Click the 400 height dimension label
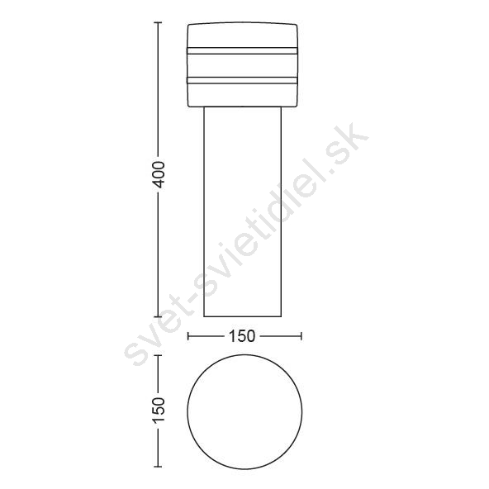point(159,174)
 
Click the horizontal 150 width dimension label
point(242,336)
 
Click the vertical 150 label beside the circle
point(159,410)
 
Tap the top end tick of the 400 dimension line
point(158,23)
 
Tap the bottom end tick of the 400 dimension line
point(158,316)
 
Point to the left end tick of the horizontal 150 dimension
point(188,336)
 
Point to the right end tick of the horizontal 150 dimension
point(301,336)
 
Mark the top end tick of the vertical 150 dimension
point(158,355)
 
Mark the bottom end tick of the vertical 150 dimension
point(158,467)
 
